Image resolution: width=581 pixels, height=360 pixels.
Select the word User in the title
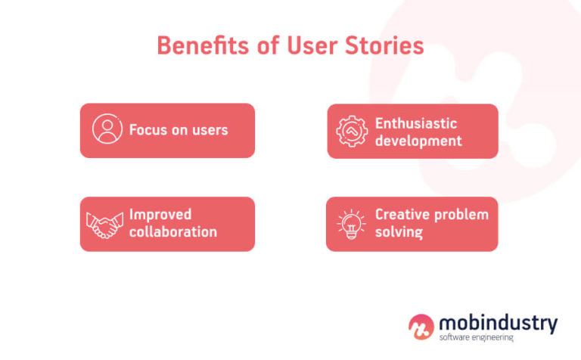[x=311, y=46]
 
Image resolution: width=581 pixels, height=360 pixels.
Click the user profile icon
[x=107, y=129]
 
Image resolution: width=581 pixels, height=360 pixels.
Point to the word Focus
[x=148, y=129]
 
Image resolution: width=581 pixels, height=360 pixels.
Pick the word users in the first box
[x=207, y=129]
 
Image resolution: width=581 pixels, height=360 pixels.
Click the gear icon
[x=352, y=132]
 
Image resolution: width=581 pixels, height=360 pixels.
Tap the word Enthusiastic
[x=416, y=123]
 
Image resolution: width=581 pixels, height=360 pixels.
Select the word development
[x=418, y=141]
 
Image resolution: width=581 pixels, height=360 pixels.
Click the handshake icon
[x=105, y=225]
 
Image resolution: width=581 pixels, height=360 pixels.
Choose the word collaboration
[x=172, y=232]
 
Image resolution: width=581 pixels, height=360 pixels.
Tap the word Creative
[x=400, y=215]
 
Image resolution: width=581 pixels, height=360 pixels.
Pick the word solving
[x=399, y=232]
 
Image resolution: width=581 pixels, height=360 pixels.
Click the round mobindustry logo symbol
[x=421, y=327]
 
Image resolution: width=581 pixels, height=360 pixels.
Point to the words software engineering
[x=476, y=338]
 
